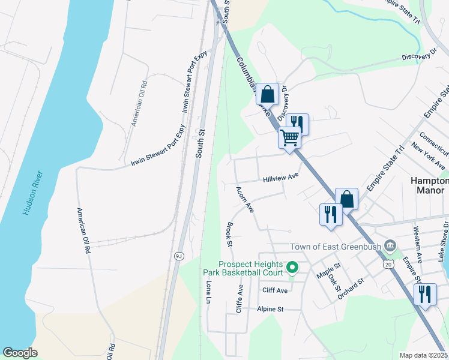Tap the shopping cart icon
(x=290, y=138)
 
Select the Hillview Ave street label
(x=280, y=178)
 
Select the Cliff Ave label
(x=275, y=290)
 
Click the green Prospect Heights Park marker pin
(x=292, y=266)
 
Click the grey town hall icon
(x=391, y=245)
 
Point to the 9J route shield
(x=178, y=256)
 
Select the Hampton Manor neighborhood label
(x=429, y=185)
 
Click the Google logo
(x=20, y=353)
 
